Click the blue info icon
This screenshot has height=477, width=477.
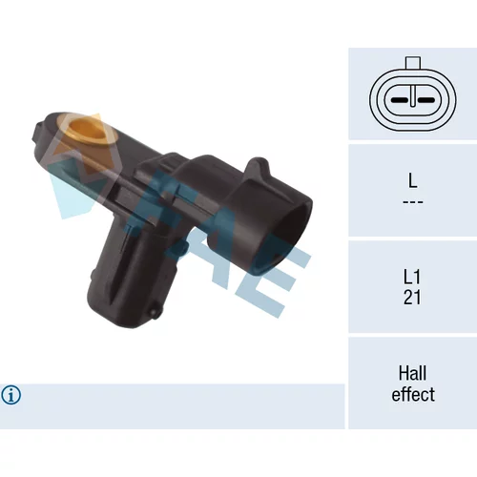[x=11, y=395]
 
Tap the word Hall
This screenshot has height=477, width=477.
[x=412, y=373]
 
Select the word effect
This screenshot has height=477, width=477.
[x=413, y=394]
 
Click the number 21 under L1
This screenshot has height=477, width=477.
[x=412, y=298]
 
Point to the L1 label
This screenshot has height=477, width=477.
[x=412, y=277]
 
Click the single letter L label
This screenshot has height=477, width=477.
[x=412, y=180]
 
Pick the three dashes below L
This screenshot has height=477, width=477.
[x=413, y=202]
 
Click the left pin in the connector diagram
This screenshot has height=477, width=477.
[x=400, y=100]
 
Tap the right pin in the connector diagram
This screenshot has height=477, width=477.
[x=426, y=100]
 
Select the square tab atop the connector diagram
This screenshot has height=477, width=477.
[x=413, y=63]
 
